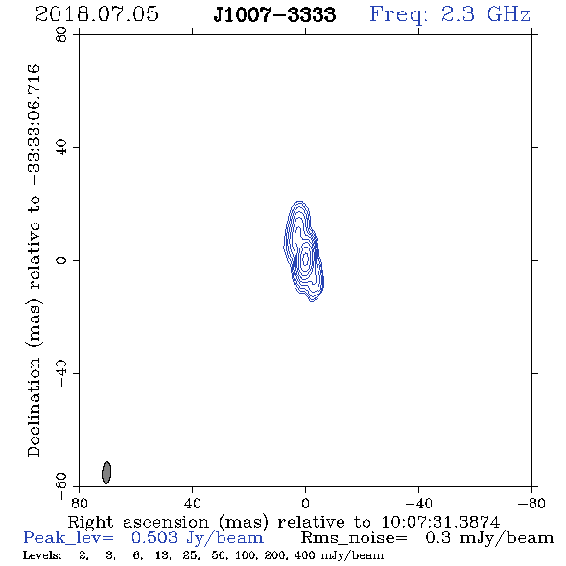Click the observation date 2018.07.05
tap(97, 14)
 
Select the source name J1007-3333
tap(274, 14)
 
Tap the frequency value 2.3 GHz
tap(485, 14)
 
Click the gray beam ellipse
tap(106, 473)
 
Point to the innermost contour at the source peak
tap(306, 258)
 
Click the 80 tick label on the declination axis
tap(61, 35)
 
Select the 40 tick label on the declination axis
tap(61, 148)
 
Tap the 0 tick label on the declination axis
tap(61, 260)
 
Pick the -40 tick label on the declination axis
tap(61, 373)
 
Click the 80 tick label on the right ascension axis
tap(79, 504)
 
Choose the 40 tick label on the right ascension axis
tap(192, 504)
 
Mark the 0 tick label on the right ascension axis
tap(305, 504)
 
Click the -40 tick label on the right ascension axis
tap(418, 504)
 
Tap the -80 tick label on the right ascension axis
tap(531, 504)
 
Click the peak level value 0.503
tap(154, 538)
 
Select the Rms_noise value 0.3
tap(437, 538)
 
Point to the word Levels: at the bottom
tap(42, 555)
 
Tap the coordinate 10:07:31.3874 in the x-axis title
tap(440, 522)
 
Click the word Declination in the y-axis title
tap(34, 407)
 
